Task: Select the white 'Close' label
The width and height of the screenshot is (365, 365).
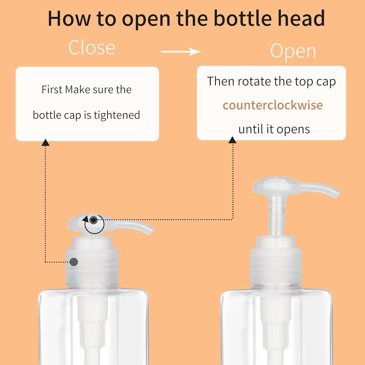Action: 92,47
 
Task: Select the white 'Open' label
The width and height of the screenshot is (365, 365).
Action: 293,51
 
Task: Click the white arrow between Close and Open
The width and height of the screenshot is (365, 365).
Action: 181,52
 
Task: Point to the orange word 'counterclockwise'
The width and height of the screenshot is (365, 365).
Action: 273,105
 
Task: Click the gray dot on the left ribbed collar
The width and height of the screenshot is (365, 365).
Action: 74,262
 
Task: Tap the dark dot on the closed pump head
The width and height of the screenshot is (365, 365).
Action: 94,220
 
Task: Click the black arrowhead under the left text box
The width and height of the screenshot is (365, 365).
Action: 45,143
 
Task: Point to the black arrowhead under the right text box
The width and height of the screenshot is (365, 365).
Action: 232,140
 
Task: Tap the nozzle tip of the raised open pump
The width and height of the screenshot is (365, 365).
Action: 337,193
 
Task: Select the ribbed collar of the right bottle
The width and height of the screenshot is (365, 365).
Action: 276,268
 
